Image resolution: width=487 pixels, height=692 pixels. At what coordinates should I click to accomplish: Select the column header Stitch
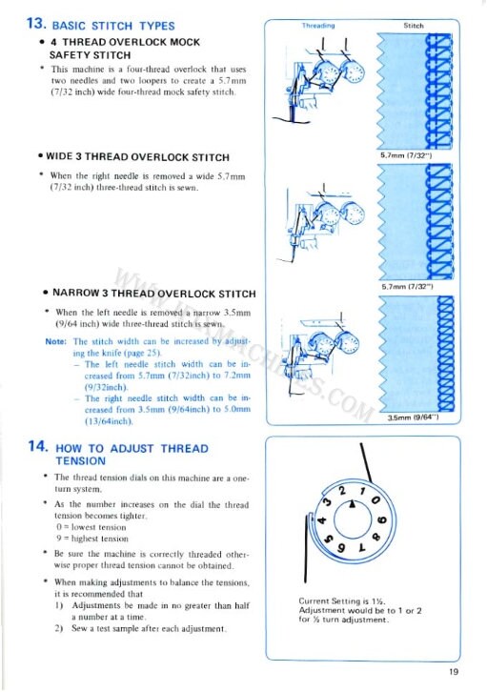pyautogui.click(x=414, y=26)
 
